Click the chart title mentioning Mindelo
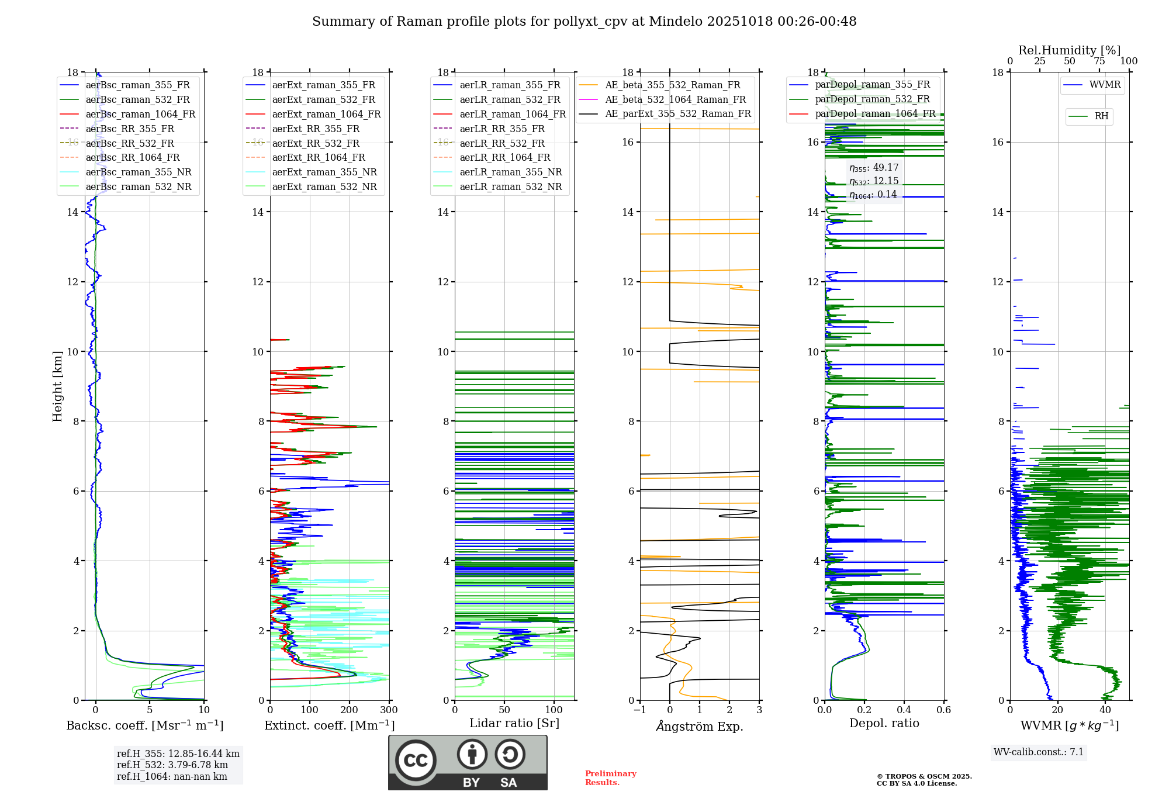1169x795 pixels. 584,22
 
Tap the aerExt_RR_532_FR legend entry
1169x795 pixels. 316,143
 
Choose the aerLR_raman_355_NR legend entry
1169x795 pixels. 510,172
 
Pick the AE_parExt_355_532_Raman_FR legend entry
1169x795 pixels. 677,113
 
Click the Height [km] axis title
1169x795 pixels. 57,386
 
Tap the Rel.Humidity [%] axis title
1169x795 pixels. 1069,50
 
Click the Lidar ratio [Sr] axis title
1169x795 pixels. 514,723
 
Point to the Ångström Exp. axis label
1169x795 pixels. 700,726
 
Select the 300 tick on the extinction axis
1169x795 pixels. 389,710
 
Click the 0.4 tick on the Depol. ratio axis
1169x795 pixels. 904,710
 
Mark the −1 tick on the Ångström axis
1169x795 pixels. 639,710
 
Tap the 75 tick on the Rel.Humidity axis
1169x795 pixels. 1099,61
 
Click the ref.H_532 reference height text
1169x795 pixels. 172,765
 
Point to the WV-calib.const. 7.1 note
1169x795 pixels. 1039,752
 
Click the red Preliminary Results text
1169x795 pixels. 610,778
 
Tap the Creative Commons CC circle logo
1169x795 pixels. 416,761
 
